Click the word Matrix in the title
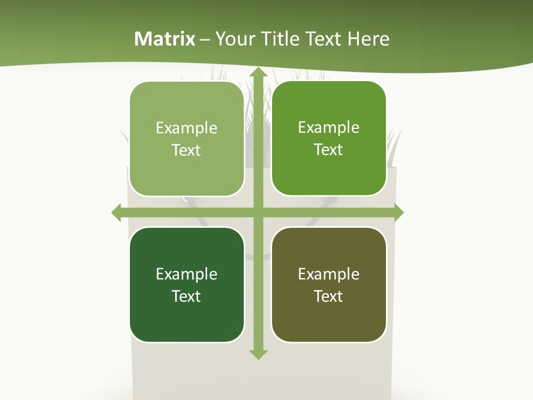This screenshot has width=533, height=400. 165,39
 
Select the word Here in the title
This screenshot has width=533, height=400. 369,39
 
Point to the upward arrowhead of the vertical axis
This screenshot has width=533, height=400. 258,73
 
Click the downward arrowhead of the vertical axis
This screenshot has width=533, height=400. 258,354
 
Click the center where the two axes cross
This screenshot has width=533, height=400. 258,213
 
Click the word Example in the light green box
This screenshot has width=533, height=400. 187,128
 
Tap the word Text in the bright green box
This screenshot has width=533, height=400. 329,150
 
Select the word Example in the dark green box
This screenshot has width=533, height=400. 187,274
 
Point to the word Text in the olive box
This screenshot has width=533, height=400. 329,296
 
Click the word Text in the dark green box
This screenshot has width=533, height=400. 187,296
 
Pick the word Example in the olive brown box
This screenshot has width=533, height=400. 329,274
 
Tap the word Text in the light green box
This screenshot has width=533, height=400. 187,151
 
